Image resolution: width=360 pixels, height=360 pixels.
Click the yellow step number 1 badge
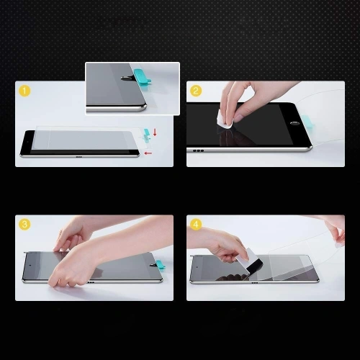tap(24, 91)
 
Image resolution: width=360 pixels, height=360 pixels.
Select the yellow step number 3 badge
tap(25, 225)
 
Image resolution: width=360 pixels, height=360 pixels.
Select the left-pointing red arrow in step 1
tap(148, 153)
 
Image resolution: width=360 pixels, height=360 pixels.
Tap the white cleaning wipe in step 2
tap(225, 122)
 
